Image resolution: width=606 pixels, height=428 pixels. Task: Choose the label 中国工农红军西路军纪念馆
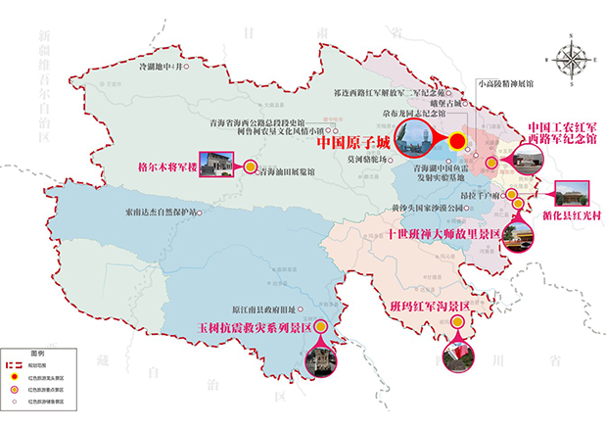click(562, 133)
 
